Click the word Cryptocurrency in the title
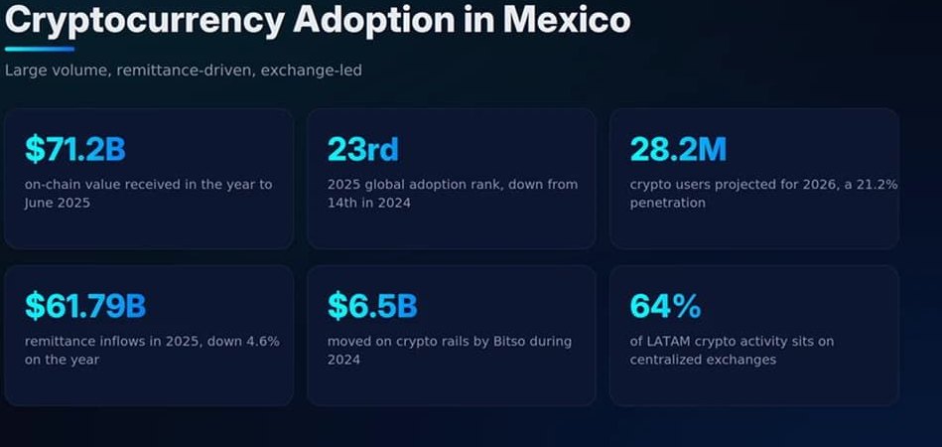pyautogui.click(x=145, y=20)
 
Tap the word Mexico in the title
pyautogui.click(x=567, y=19)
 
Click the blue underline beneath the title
pyautogui.click(x=40, y=50)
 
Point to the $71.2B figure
pyautogui.click(x=75, y=150)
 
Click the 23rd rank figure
pyautogui.click(x=363, y=150)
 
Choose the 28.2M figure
pyautogui.click(x=678, y=150)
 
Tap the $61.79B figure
pyautogui.click(x=85, y=306)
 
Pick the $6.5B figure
pyautogui.click(x=372, y=306)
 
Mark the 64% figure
pyautogui.click(x=665, y=306)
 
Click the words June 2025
pyautogui.click(x=58, y=203)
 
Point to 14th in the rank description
pyautogui.click(x=344, y=203)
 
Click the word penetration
pyautogui.click(x=667, y=203)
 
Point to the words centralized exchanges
pyautogui.click(x=703, y=360)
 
